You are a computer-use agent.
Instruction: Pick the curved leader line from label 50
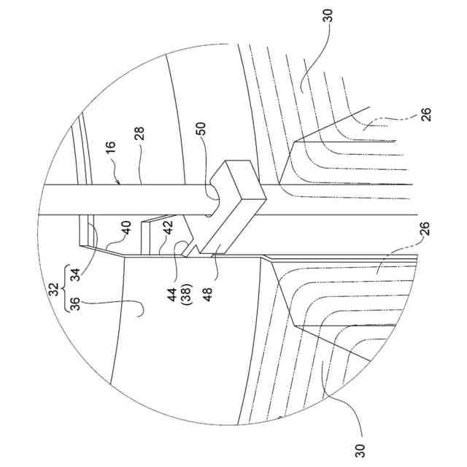click(205, 161)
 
